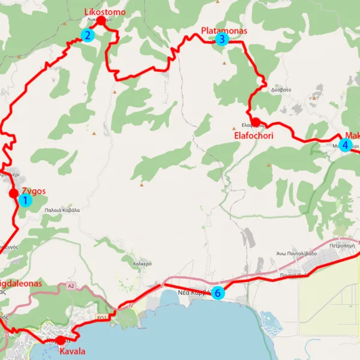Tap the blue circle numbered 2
pyautogui.click(x=88, y=35)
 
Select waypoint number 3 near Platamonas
pyautogui.click(x=221, y=40)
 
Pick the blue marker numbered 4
pyautogui.click(x=345, y=145)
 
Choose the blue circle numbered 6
pyautogui.click(x=218, y=293)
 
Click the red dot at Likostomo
pyautogui.click(x=101, y=21)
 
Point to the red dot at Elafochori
pyautogui.click(x=255, y=122)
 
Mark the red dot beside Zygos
pyautogui.click(x=13, y=193)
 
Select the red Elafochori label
pyautogui.click(x=253, y=136)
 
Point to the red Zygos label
pyautogui.click(x=34, y=192)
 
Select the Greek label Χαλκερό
pyautogui.click(x=142, y=263)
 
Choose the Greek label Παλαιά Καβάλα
pyautogui.click(x=61, y=211)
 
